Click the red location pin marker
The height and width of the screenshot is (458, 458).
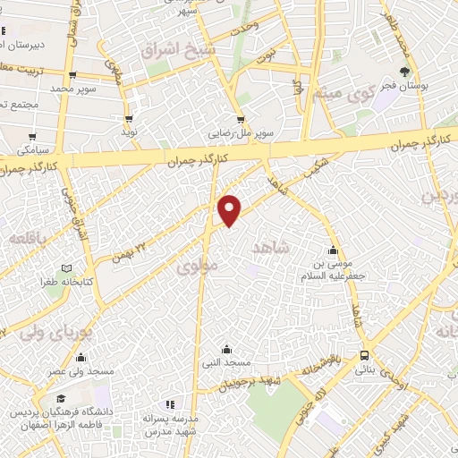230,208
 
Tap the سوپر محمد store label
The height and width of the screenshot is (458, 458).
72,89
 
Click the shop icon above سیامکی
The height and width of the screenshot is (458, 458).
33,138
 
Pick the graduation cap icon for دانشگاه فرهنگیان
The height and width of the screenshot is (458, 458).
60,399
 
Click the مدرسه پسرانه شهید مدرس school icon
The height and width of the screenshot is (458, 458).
169,405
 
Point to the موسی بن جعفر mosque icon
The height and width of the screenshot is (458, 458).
334,250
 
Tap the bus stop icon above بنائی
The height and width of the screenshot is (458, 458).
363,354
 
